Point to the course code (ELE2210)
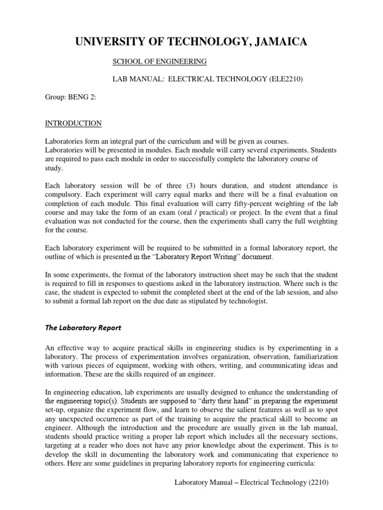[x=288, y=79]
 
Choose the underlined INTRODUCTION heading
[x=73, y=123]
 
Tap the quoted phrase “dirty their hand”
[x=224, y=401]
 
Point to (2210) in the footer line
[x=318, y=482]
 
